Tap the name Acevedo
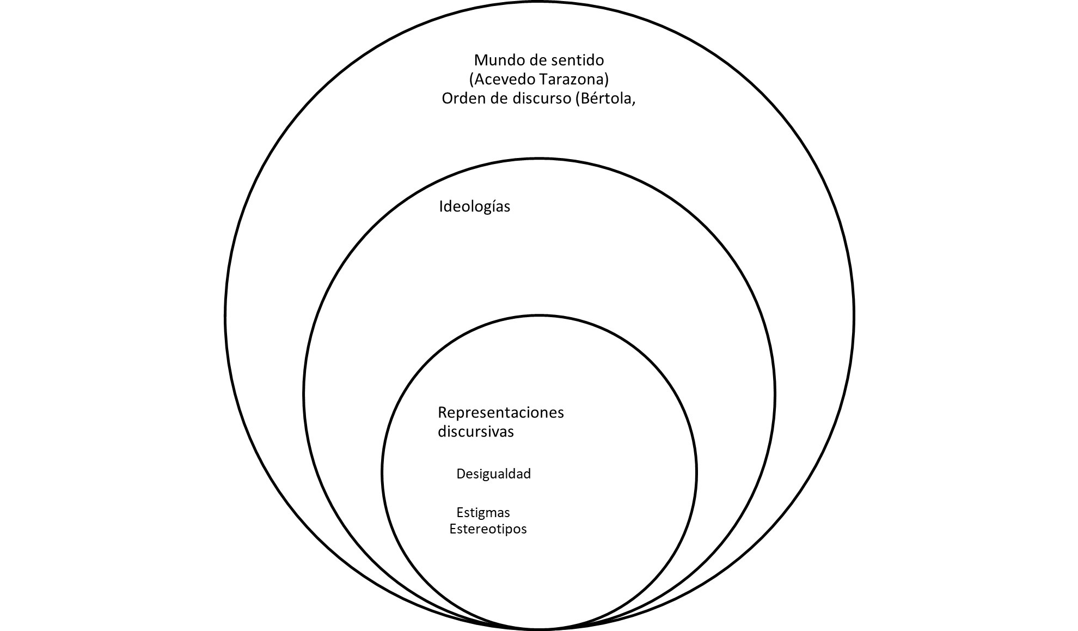click(x=503, y=80)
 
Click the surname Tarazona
click(x=572, y=80)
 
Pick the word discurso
click(x=535, y=99)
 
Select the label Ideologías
click(x=475, y=207)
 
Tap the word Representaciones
click(x=501, y=412)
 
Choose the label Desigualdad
click(x=493, y=474)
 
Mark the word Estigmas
click(x=483, y=513)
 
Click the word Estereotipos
click(x=488, y=529)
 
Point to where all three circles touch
click(x=539, y=629)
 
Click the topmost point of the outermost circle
click(x=540, y=3)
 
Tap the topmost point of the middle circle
click(x=539, y=159)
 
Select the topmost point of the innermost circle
click(x=539, y=315)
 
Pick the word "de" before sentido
click(x=532, y=59)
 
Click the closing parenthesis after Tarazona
click(x=607, y=80)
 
